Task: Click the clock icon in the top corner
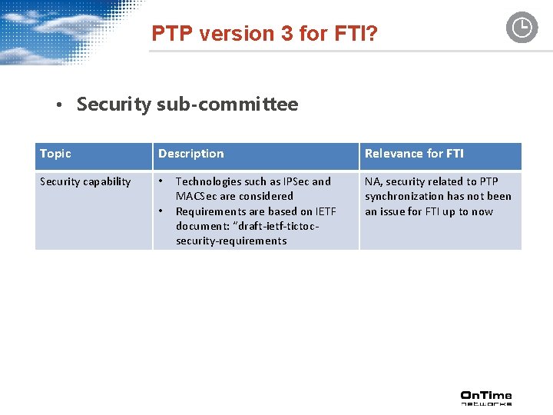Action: (522, 28)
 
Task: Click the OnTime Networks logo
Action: (486, 397)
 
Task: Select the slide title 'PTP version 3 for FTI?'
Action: (264, 34)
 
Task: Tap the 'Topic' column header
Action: (55, 154)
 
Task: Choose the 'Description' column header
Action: (191, 154)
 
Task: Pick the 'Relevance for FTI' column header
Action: (414, 154)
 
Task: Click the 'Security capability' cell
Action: (85, 182)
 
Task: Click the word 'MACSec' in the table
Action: (197, 197)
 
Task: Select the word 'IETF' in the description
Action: (326, 211)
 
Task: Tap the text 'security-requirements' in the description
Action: (231, 241)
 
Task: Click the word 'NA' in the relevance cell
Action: (373, 182)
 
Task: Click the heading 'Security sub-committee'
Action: (187, 105)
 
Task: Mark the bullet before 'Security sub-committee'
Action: (58, 106)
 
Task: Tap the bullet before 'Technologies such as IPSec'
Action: (161, 182)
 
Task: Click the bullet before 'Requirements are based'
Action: (161, 211)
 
